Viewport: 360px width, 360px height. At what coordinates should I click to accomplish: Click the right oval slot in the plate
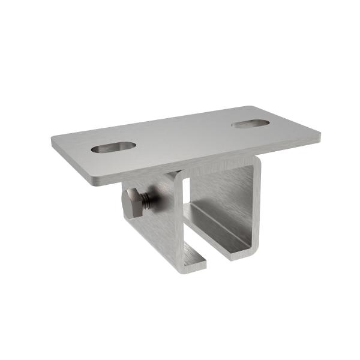tap(251, 124)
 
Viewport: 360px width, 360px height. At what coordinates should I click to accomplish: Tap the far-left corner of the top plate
tap(53, 142)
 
